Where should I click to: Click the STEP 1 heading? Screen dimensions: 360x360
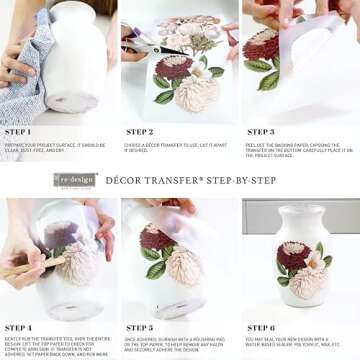18,131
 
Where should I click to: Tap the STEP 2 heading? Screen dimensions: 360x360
139,131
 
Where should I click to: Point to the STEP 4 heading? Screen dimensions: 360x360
18,327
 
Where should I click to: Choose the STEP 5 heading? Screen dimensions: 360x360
139,327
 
